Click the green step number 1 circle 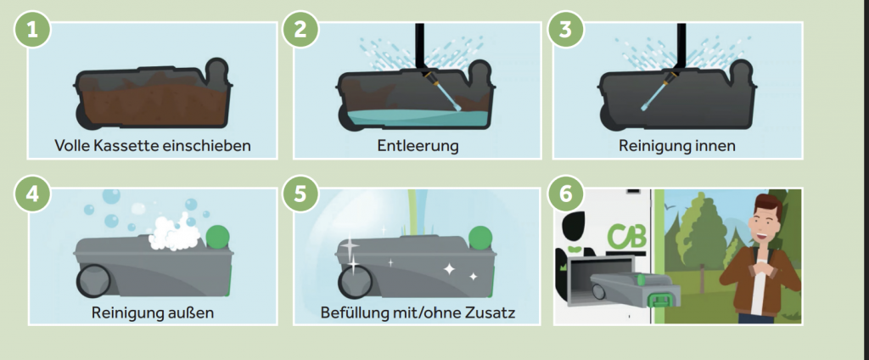[x=33, y=29]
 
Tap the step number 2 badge [x=300, y=29]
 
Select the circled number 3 [x=565, y=29]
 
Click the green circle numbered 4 [x=33, y=194]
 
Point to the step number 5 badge [x=300, y=194]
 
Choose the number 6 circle [x=565, y=194]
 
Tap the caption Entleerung [x=418, y=146]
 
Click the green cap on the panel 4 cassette [x=218, y=237]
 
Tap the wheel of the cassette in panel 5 [x=356, y=281]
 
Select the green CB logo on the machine [x=626, y=237]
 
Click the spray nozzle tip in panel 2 [x=457, y=105]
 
